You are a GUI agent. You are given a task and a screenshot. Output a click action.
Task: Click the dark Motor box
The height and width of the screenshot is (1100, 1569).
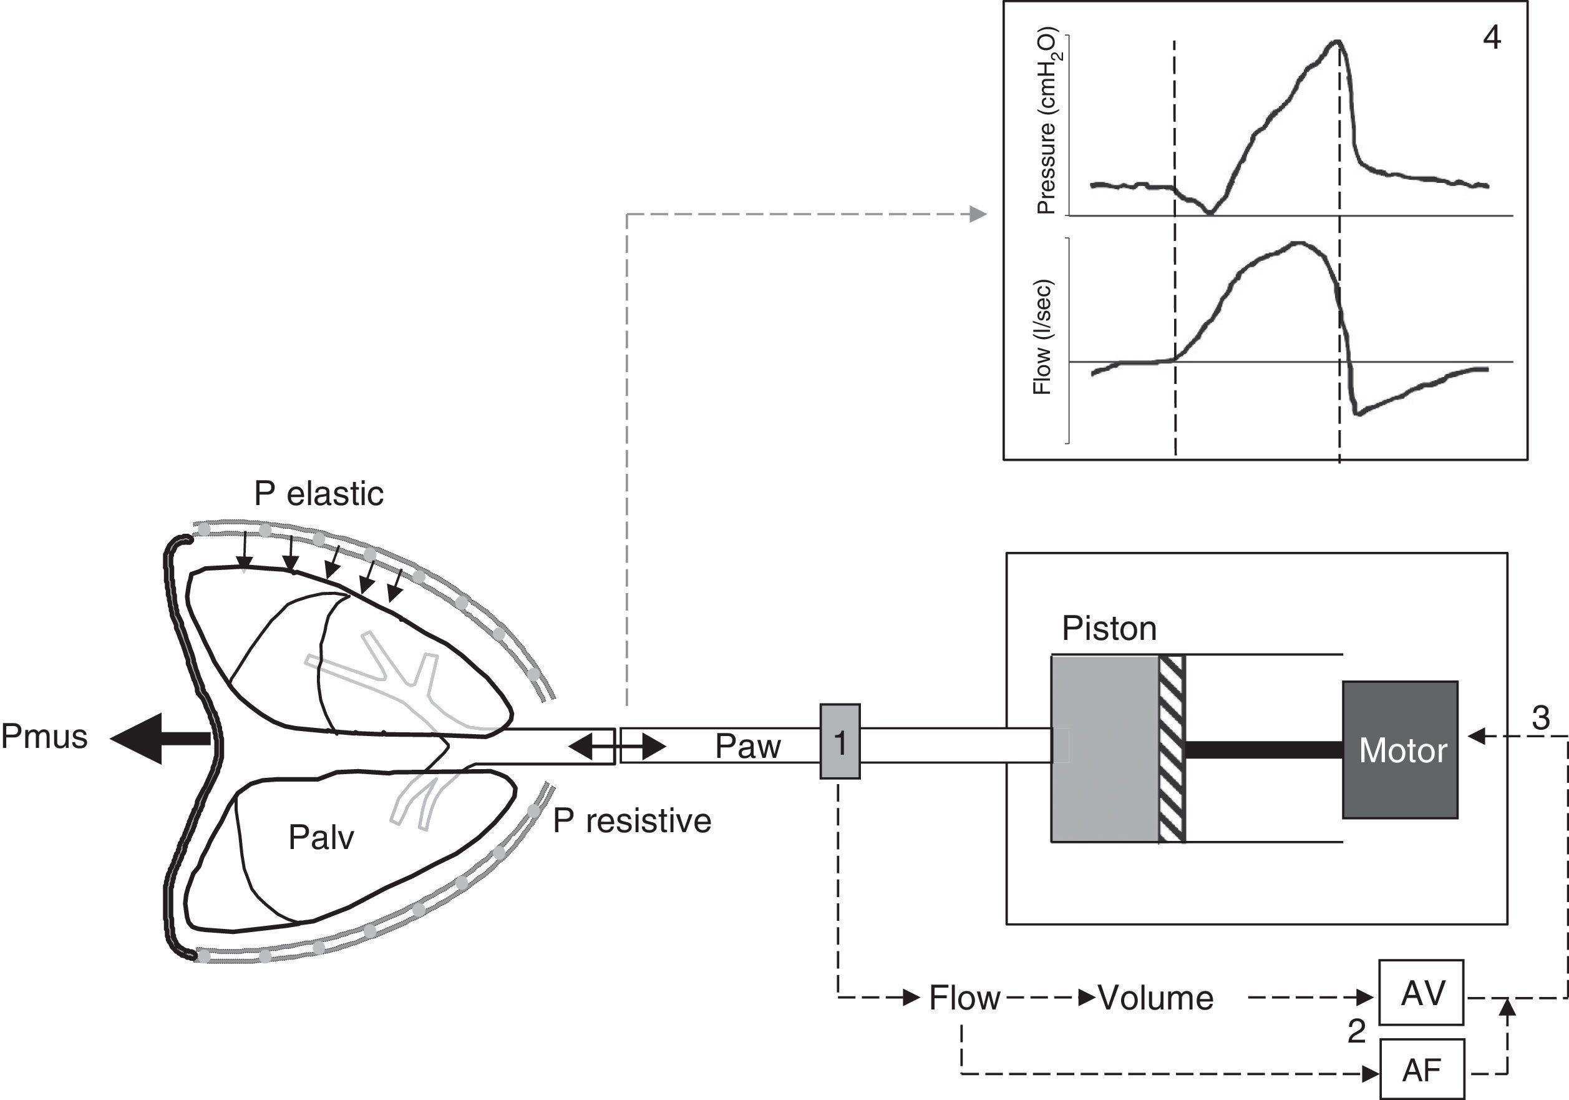[x=1400, y=750]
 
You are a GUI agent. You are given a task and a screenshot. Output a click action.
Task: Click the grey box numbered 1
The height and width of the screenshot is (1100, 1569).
[x=840, y=741]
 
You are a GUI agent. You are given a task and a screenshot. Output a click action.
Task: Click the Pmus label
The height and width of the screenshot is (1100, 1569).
[x=44, y=737]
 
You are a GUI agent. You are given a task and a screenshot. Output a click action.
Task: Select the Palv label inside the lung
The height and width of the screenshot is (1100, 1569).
[x=321, y=837]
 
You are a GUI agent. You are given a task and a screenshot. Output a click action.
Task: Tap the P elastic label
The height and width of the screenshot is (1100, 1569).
[x=318, y=494]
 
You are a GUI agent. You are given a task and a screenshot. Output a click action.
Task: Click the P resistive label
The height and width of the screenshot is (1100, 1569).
[x=632, y=820]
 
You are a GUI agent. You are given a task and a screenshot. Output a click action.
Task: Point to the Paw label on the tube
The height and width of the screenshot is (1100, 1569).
[x=747, y=747]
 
